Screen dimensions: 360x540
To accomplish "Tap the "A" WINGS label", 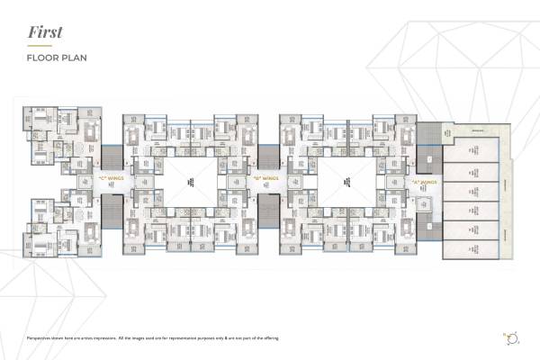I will pos(422,183).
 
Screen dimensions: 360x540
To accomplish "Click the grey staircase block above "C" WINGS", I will pos(112,156).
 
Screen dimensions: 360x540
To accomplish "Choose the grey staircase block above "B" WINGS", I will pos(268,156).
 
